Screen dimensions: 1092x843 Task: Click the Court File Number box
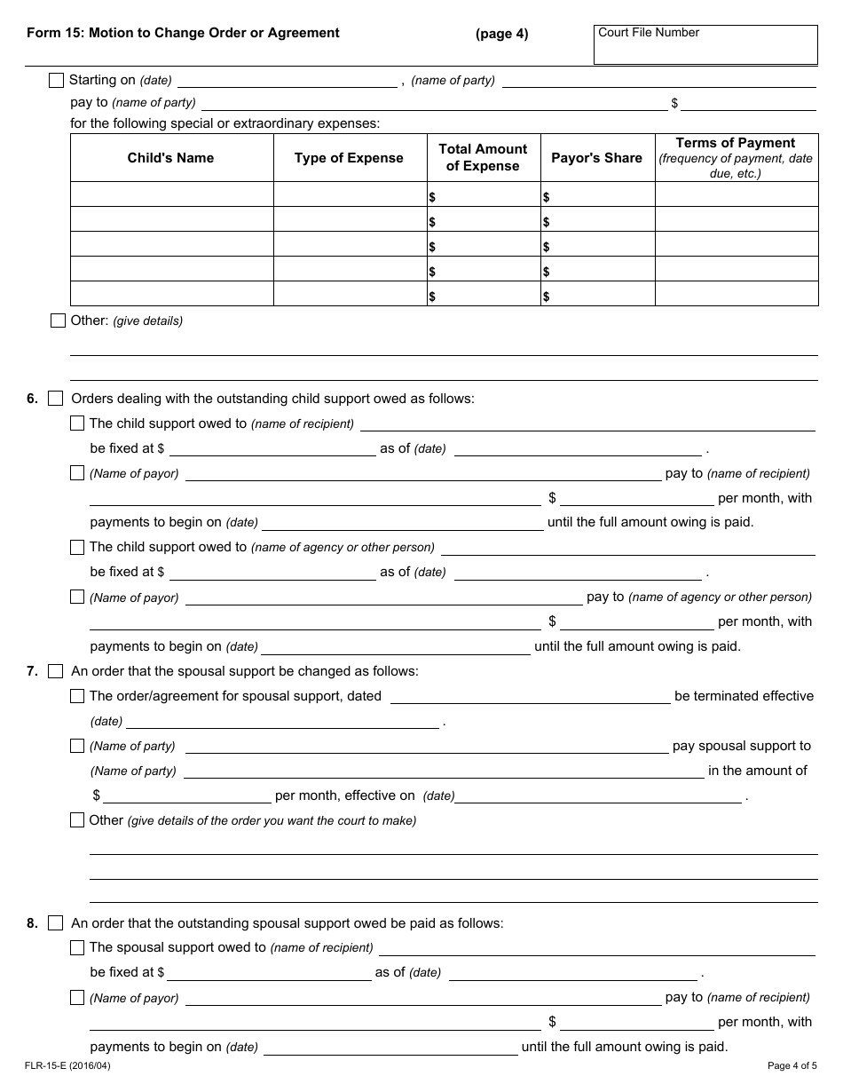pos(705,44)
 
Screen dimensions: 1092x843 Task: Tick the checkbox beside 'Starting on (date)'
pos(57,80)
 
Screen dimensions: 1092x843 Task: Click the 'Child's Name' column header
pos(170,158)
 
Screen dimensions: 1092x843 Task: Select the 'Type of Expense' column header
pos(349,158)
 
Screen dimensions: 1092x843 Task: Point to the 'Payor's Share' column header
pos(596,158)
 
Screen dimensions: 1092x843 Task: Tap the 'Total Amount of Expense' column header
pos(483,158)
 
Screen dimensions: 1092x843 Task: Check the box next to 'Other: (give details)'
pos(59,320)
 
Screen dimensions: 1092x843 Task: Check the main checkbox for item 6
pos(56,399)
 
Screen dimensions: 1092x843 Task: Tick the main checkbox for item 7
pos(56,671)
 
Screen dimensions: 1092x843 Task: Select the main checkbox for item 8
pos(56,923)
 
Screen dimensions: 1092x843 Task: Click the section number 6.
pos(32,399)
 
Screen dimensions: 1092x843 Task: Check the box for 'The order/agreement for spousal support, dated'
pos(77,696)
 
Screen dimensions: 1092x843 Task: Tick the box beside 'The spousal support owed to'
pos(77,947)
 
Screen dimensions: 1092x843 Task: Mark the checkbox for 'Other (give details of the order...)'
pos(77,820)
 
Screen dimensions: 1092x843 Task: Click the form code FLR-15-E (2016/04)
pos(61,1065)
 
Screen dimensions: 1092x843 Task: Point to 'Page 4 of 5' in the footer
pos(792,1065)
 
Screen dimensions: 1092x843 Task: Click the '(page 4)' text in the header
pos(501,34)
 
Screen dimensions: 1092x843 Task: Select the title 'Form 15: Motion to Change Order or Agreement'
pos(183,33)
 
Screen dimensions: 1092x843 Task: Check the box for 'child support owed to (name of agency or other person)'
pos(77,547)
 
